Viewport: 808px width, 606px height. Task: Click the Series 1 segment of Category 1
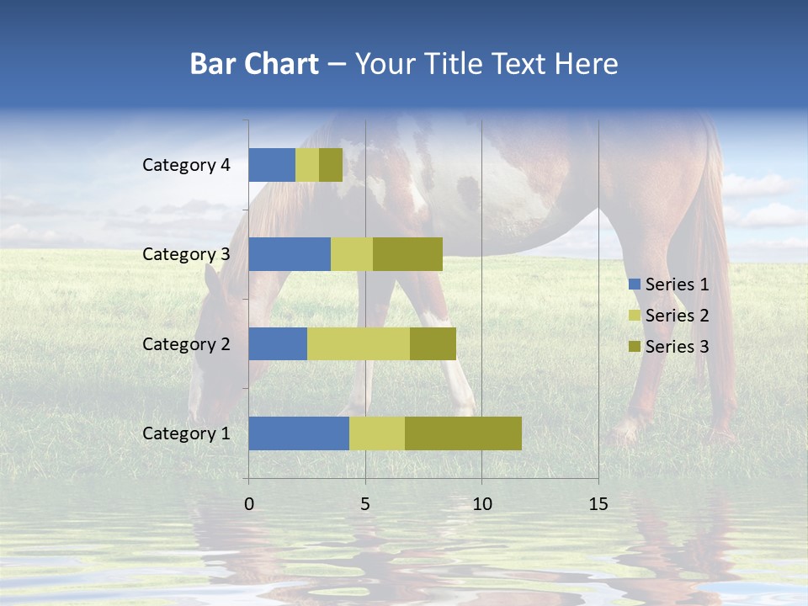click(x=299, y=433)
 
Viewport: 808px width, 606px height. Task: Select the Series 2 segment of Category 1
click(x=377, y=433)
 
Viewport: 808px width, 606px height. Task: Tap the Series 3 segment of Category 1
click(x=463, y=433)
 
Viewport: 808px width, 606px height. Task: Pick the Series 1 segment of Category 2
click(x=278, y=343)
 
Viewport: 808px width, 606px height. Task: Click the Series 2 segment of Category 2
click(x=359, y=343)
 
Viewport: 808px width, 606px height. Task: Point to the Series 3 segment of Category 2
click(x=433, y=343)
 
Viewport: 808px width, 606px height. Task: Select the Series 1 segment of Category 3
click(x=290, y=254)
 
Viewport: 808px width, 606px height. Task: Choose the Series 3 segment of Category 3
click(x=407, y=254)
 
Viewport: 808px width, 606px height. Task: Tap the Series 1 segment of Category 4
click(x=272, y=165)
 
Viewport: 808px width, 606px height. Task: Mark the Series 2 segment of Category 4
click(x=307, y=165)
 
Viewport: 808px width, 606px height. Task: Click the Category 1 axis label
click(x=186, y=433)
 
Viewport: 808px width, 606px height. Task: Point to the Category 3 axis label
click(x=186, y=254)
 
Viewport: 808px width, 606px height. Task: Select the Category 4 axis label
click(x=186, y=165)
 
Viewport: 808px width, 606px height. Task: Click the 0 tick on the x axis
click(x=249, y=504)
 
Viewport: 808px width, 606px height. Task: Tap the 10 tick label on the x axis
click(x=481, y=504)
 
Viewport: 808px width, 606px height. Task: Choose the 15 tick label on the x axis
click(x=598, y=504)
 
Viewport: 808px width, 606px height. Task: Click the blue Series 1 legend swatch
click(x=634, y=284)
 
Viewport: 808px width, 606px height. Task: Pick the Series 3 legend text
click(x=677, y=347)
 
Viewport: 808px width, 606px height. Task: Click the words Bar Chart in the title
click(x=253, y=64)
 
